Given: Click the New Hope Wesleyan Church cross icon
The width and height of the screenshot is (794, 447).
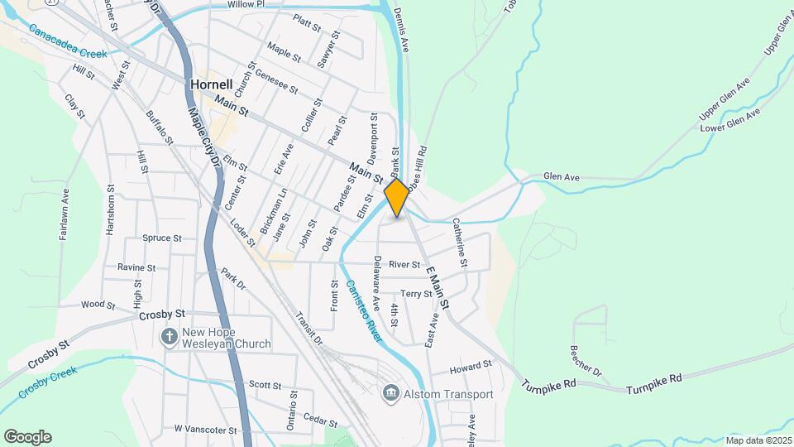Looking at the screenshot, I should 170,337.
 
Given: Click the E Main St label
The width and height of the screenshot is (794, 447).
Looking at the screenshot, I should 438,287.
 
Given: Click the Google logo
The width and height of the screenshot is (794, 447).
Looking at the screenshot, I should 27,436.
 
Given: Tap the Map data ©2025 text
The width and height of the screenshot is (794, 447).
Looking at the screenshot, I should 758,440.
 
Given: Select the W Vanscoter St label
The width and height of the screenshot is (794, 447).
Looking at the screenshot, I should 205,430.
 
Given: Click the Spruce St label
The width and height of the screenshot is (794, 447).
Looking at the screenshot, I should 161,238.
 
